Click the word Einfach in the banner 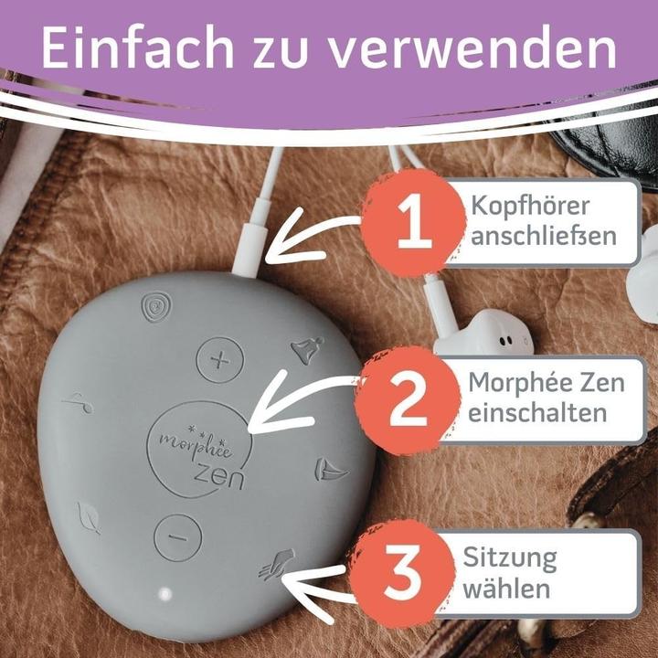point(137,47)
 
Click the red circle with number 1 point(414,222)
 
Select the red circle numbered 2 point(408,400)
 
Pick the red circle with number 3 point(402,572)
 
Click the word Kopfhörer point(530,206)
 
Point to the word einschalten point(537,412)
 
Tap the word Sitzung point(510,560)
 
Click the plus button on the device point(220,360)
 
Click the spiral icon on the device point(156,306)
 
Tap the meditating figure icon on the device point(308,349)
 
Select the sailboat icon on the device point(330,470)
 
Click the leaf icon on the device point(89,518)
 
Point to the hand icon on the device point(278,565)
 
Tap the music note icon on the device point(79,403)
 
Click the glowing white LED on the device point(164,594)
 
